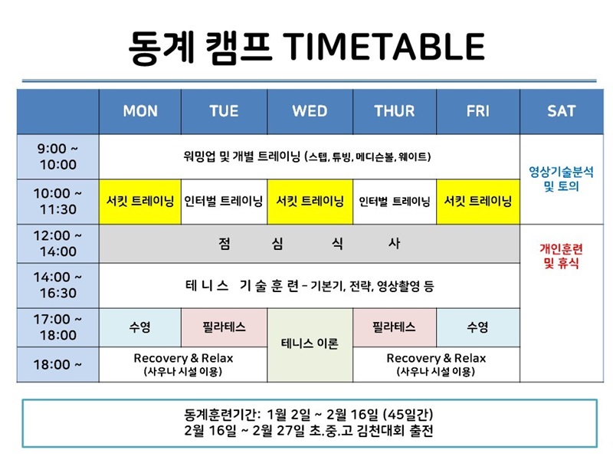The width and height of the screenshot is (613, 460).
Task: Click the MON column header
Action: [140, 111]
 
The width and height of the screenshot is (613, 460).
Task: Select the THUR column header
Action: [395, 111]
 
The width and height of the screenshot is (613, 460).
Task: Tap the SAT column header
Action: [562, 111]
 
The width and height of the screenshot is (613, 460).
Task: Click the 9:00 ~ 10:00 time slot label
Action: [58, 156]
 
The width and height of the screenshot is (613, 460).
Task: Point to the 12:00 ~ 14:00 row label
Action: [58, 243]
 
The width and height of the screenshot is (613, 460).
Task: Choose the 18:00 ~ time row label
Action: [58, 365]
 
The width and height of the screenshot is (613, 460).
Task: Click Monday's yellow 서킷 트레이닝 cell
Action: [140, 202]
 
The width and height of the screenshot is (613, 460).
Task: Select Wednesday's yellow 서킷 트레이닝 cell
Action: [310, 202]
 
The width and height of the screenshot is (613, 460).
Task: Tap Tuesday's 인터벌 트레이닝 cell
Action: [224, 202]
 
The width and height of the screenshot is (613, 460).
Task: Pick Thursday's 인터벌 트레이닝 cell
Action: [395, 202]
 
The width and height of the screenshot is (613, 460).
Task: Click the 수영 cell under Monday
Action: [140, 327]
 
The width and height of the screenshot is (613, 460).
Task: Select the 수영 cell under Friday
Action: [477, 327]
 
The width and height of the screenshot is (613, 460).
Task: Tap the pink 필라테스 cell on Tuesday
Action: [224, 327]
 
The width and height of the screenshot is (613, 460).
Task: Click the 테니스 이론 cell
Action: [310, 344]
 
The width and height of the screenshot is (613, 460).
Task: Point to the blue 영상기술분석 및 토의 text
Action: [562, 179]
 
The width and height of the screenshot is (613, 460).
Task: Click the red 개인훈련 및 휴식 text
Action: [562, 256]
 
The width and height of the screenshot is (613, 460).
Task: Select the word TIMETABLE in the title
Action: [384, 47]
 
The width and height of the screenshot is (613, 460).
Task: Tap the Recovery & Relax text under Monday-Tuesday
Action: [183, 358]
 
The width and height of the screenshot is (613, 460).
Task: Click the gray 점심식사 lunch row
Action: [310, 244]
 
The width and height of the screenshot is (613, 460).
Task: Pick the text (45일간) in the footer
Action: [408, 414]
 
